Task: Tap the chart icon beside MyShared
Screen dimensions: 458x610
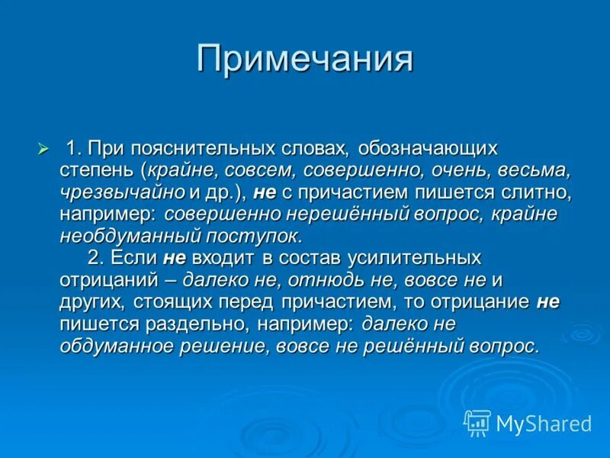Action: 477,423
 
